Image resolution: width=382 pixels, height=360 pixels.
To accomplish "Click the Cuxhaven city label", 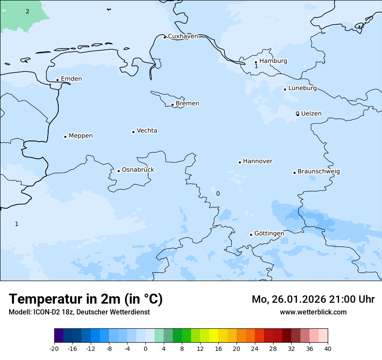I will coord(183,36).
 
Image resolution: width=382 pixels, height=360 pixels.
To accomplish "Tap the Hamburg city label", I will coord(273,61).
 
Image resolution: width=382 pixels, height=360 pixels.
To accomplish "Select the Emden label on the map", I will coord(71,79).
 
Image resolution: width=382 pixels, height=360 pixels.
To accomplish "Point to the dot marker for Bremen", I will coord(172,105).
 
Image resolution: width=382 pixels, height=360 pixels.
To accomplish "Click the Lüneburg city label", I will coord(302,88).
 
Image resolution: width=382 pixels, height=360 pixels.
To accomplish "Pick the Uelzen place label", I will coord(311,114).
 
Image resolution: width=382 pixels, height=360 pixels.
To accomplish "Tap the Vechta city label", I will coord(147,131).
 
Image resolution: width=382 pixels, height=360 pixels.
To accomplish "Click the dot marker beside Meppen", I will coord(65,137).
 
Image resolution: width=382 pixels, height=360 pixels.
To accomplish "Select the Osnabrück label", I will coord(138,170).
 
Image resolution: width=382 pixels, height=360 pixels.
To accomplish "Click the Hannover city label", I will coord(257,161).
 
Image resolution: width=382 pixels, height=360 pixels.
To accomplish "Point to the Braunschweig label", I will coord(318,172).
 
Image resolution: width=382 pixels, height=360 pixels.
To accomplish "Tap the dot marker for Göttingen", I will coord(251,235).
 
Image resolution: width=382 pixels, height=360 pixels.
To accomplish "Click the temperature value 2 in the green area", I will coord(27,11).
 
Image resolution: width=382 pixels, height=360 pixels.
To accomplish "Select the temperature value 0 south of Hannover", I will coord(218,193).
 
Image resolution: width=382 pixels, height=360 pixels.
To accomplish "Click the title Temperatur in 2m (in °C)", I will coord(86,299).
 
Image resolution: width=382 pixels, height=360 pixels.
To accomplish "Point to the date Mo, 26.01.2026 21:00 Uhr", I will coord(313,299).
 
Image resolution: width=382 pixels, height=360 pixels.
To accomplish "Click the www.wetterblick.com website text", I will coord(313,312).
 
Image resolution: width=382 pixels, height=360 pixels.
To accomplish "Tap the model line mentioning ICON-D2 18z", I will coord(79,312).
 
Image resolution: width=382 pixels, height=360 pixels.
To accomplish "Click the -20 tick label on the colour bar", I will coord(54,348).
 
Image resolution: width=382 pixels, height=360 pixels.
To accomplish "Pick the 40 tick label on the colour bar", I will coord(328,348).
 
